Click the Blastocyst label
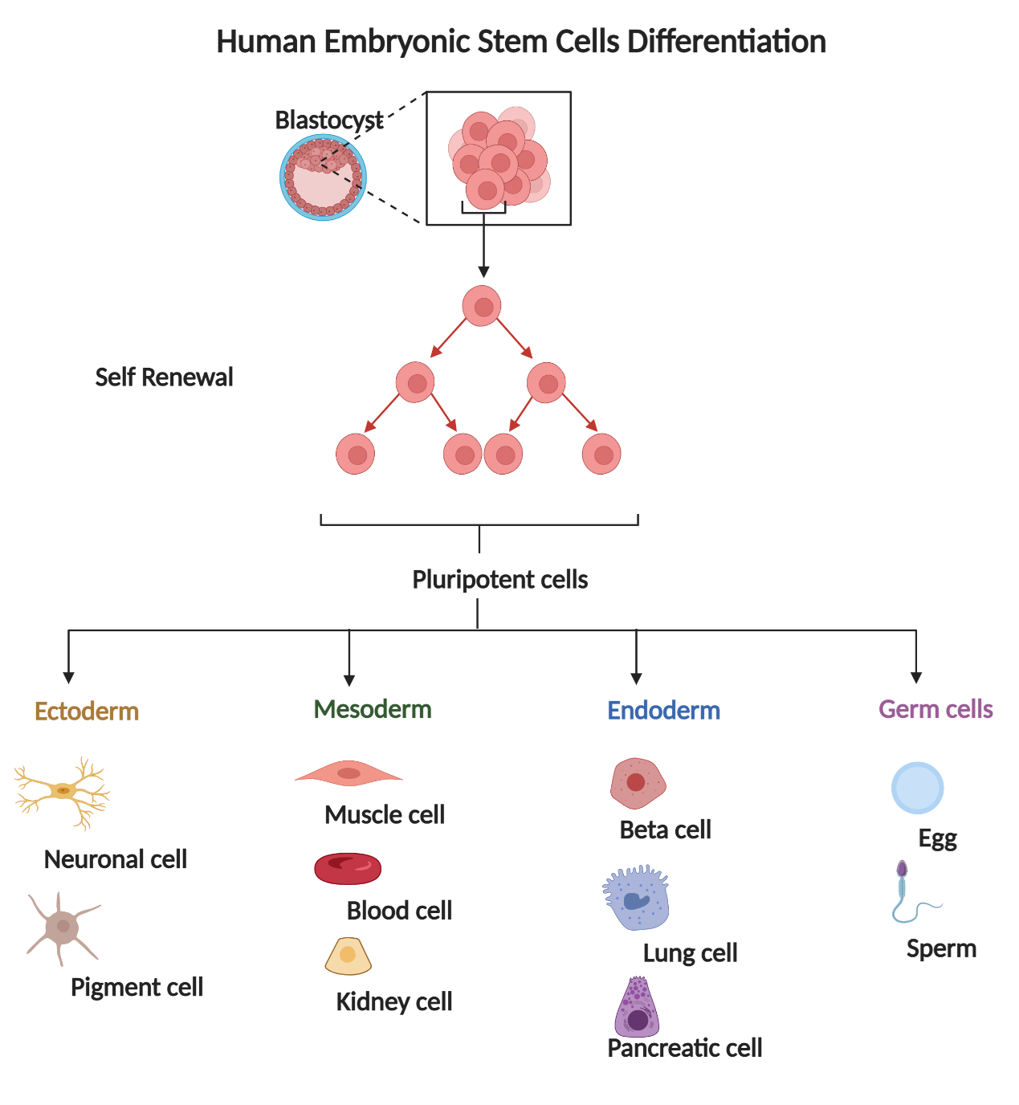tap(328, 120)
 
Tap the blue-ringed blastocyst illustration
tap(323, 177)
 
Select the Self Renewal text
tap(164, 377)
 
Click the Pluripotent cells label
tap(499, 580)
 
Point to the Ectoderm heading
tap(87, 712)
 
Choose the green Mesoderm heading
tap(373, 710)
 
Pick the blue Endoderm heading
tap(663, 711)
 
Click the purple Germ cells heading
tap(935, 710)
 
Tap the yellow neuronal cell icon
tap(63, 792)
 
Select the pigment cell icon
tap(62, 928)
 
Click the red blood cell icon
tap(348, 868)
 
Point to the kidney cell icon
tap(348, 956)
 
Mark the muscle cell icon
tap(348, 773)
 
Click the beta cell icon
tap(638, 783)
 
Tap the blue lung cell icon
tap(636, 898)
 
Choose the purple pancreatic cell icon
tap(637, 1009)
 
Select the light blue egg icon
tap(917, 788)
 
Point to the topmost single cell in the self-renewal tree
tap(482, 306)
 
